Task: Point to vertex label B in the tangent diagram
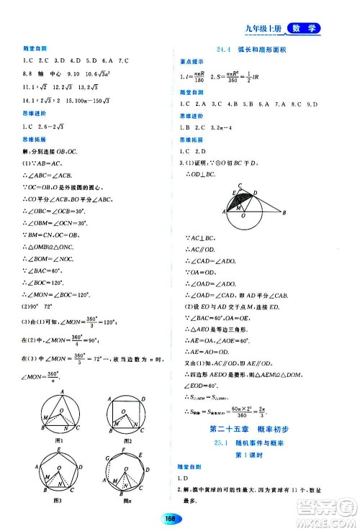point(285,212)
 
